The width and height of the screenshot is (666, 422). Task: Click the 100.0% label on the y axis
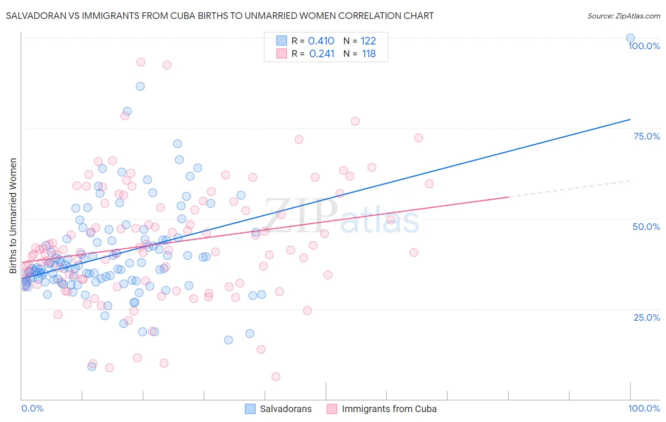click(x=644, y=46)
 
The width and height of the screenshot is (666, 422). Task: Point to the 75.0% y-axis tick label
click(x=647, y=136)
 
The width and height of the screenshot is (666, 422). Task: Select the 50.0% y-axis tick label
click(x=646, y=227)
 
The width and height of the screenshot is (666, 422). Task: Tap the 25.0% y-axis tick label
click(x=647, y=317)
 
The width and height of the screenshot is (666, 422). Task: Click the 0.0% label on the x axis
click(x=32, y=408)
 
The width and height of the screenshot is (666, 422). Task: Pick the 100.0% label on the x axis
click(x=644, y=408)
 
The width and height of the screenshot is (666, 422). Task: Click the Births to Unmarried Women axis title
click(x=13, y=216)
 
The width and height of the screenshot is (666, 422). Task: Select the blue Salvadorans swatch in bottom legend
click(x=250, y=409)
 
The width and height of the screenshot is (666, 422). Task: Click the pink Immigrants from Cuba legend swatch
click(x=332, y=409)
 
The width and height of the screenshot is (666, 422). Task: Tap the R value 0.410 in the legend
click(x=321, y=41)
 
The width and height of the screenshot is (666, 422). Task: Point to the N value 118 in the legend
click(x=369, y=54)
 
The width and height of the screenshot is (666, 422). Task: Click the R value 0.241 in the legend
click(x=322, y=54)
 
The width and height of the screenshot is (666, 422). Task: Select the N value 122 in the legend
click(x=368, y=41)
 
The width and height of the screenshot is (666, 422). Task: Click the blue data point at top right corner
click(x=630, y=38)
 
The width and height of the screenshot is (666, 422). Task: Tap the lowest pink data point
click(x=276, y=377)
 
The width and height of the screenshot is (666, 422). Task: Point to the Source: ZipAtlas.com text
click(x=623, y=16)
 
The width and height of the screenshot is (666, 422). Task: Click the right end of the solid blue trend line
click(x=630, y=119)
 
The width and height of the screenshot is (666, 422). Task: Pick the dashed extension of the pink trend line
click(x=568, y=189)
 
